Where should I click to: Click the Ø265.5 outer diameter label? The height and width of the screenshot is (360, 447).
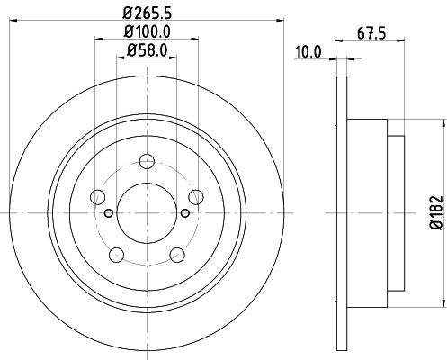[146, 13]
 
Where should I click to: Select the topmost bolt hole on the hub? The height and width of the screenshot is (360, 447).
[146, 162]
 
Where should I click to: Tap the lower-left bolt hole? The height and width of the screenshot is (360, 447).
[115, 253]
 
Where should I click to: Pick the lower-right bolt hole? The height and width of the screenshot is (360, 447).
[177, 253]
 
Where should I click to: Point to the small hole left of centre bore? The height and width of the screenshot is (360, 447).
[108, 213]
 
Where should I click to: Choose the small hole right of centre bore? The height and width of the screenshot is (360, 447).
[184, 213]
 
